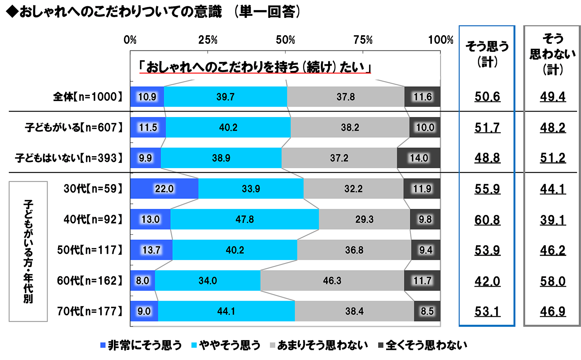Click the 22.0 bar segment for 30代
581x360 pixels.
[x=164, y=189]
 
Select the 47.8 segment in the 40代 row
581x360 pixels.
[x=244, y=219]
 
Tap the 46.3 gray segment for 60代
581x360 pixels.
[x=332, y=281]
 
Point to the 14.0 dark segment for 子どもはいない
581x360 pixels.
[x=419, y=158]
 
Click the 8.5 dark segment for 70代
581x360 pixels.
[x=427, y=311]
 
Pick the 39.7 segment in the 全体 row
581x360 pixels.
[x=225, y=97]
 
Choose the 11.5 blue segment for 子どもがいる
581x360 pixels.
[x=148, y=127]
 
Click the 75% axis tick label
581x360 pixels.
[x=363, y=40]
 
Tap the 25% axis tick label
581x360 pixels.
[x=208, y=40]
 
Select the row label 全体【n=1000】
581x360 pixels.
[x=88, y=97]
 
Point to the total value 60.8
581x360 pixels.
[x=487, y=220]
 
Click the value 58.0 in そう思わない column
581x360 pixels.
[x=553, y=281]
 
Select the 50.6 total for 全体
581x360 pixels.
[x=487, y=97]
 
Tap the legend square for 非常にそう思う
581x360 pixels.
[x=103, y=345]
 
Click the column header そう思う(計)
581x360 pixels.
[x=487, y=54]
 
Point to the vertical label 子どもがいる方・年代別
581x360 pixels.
[x=28, y=251]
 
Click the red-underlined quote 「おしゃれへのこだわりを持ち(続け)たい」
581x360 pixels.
[x=255, y=67]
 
